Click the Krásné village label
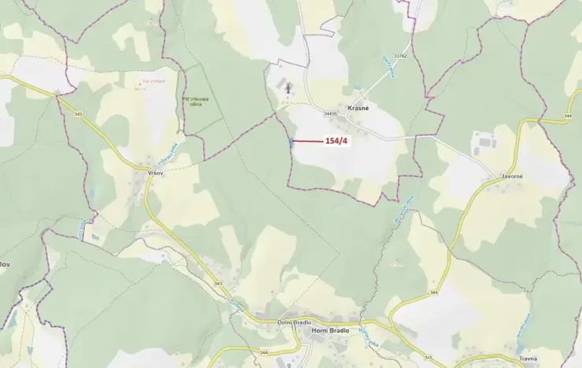pyautogui.click(x=358, y=107)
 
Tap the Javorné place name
pyautogui.click(x=512, y=177)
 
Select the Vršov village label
pyautogui.click(x=154, y=171)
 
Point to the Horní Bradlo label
pyautogui.click(x=330, y=330)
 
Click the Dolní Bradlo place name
pyautogui.click(x=295, y=322)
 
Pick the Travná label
pyautogui.click(x=529, y=358)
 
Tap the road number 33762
pyautogui.click(x=400, y=56)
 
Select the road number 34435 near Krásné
pyautogui.click(x=330, y=114)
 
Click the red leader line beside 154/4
pyautogui.click(x=307, y=142)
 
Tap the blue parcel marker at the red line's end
pyautogui.click(x=291, y=142)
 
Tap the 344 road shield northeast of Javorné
pyautogui.click(x=568, y=116)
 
